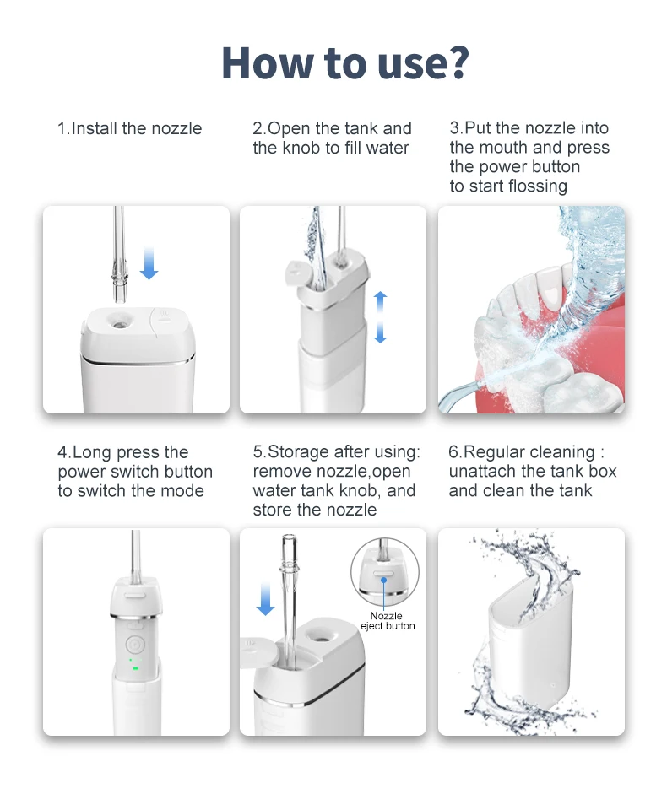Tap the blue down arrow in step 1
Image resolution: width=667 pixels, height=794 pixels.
pyautogui.click(x=149, y=263)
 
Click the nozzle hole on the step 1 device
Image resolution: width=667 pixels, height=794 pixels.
pyautogui.click(x=120, y=320)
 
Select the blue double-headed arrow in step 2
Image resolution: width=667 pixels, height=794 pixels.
pyautogui.click(x=381, y=317)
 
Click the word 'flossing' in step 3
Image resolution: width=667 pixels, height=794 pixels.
pyautogui.click(x=538, y=186)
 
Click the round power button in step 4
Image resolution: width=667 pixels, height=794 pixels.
pyautogui.click(x=135, y=645)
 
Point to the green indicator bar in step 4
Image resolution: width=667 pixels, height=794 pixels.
pyautogui.click(x=135, y=668)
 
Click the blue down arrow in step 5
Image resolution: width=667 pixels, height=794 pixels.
pyautogui.click(x=265, y=599)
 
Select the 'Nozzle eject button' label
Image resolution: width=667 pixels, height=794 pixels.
pyautogui.click(x=388, y=621)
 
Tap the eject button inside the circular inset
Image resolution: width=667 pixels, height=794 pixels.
pyautogui.click(x=383, y=573)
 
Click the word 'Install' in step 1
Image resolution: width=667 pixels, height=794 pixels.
pyautogui.click(x=95, y=128)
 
